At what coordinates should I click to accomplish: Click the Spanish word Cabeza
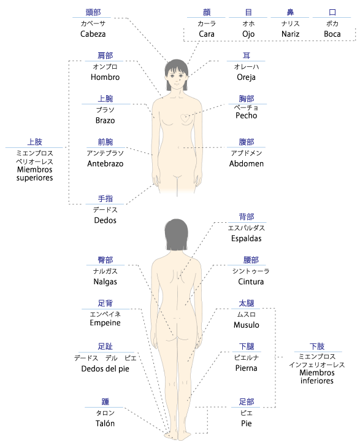pos(93,34)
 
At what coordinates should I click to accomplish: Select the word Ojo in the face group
pos(248,34)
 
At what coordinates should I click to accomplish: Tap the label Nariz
pos(290,34)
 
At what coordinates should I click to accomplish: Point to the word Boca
pos(332,34)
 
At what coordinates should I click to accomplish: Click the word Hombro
pos(105,77)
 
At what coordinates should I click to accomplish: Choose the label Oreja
pos(246,77)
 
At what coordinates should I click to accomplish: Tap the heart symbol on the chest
pos(185,118)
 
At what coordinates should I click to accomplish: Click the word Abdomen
pos(246,164)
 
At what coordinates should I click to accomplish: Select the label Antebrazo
pos(105,164)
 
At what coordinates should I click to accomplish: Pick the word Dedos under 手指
pos(105,220)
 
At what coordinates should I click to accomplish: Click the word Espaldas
pos(246,239)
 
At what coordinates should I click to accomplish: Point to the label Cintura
pos(251,282)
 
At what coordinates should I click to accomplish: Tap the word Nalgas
pos(105,282)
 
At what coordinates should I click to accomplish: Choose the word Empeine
pos(105,323)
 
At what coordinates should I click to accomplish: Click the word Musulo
pos(246,325)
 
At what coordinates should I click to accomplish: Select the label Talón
pos(105,424)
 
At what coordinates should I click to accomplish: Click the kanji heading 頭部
pos(93,12)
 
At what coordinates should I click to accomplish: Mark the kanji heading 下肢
pos(317,346)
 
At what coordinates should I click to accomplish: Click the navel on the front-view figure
pos(178,147)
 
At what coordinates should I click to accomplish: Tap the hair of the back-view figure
pos(177,235)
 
